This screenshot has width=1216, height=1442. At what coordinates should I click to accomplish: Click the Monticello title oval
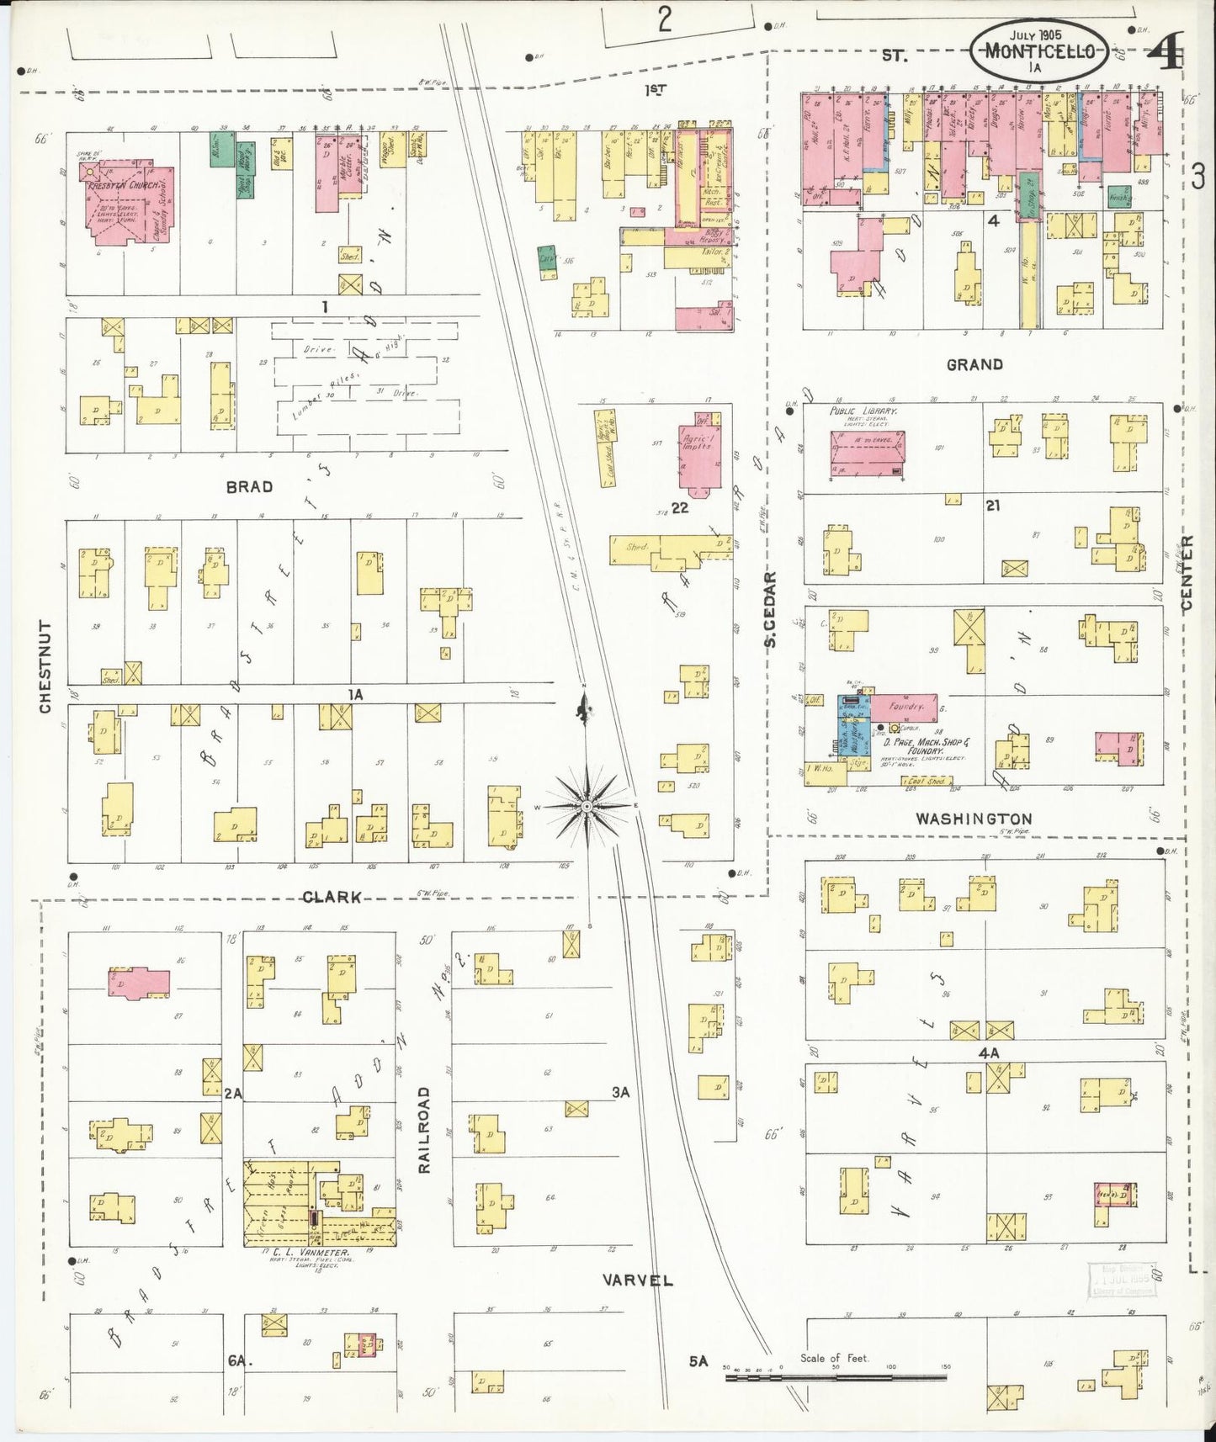pyautogui.click(x=1038, y=50)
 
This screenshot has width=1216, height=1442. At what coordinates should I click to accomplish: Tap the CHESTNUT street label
pyautogui.click(x=45, y=666)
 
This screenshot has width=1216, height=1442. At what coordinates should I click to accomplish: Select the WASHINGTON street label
pyautogui.click(x=974, y=819)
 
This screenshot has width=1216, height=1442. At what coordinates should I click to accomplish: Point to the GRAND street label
pyautogui.click(x=974, y=364)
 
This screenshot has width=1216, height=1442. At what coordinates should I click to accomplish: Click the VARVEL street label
pyautogui.click(x=638, y=1280)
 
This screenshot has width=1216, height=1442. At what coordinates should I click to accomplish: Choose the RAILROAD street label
pyautogui.click(x=424, y=1129)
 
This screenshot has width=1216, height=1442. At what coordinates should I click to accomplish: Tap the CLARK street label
pyautogui.click(x=332, y=897)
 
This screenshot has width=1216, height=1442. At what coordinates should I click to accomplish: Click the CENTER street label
pyautogui.click(x=1187, y=574)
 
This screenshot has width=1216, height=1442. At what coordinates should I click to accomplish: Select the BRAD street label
pyautogui.click(x=249, y=486)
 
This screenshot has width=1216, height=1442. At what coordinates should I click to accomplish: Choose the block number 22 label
pyautogui.click(x=680, y=507)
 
